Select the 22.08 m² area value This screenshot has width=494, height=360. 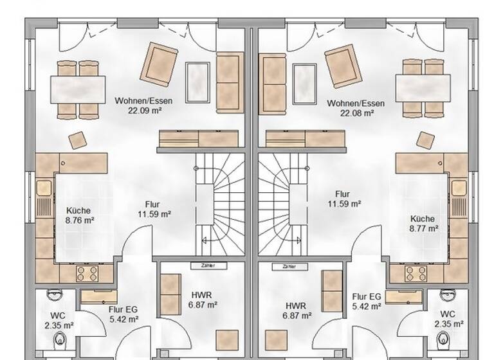[x=356, y=113]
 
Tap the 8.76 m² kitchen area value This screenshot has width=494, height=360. [x=80, y=220]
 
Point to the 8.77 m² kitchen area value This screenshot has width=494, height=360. [x=422, y=228]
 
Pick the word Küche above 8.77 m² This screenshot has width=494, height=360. [x=422, y=219]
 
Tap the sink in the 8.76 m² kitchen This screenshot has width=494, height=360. [x=44, y=188]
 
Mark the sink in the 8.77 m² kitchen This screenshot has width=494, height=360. [x=459, y=188]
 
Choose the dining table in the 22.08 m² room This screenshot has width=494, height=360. [x=422, y=89]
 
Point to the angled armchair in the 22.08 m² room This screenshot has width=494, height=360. [x=344, y=66]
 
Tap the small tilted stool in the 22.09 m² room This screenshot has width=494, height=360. [x=78, y=140]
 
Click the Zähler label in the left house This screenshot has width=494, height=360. [x=207, y=265]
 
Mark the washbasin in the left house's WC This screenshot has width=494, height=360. [x=54, y=295]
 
